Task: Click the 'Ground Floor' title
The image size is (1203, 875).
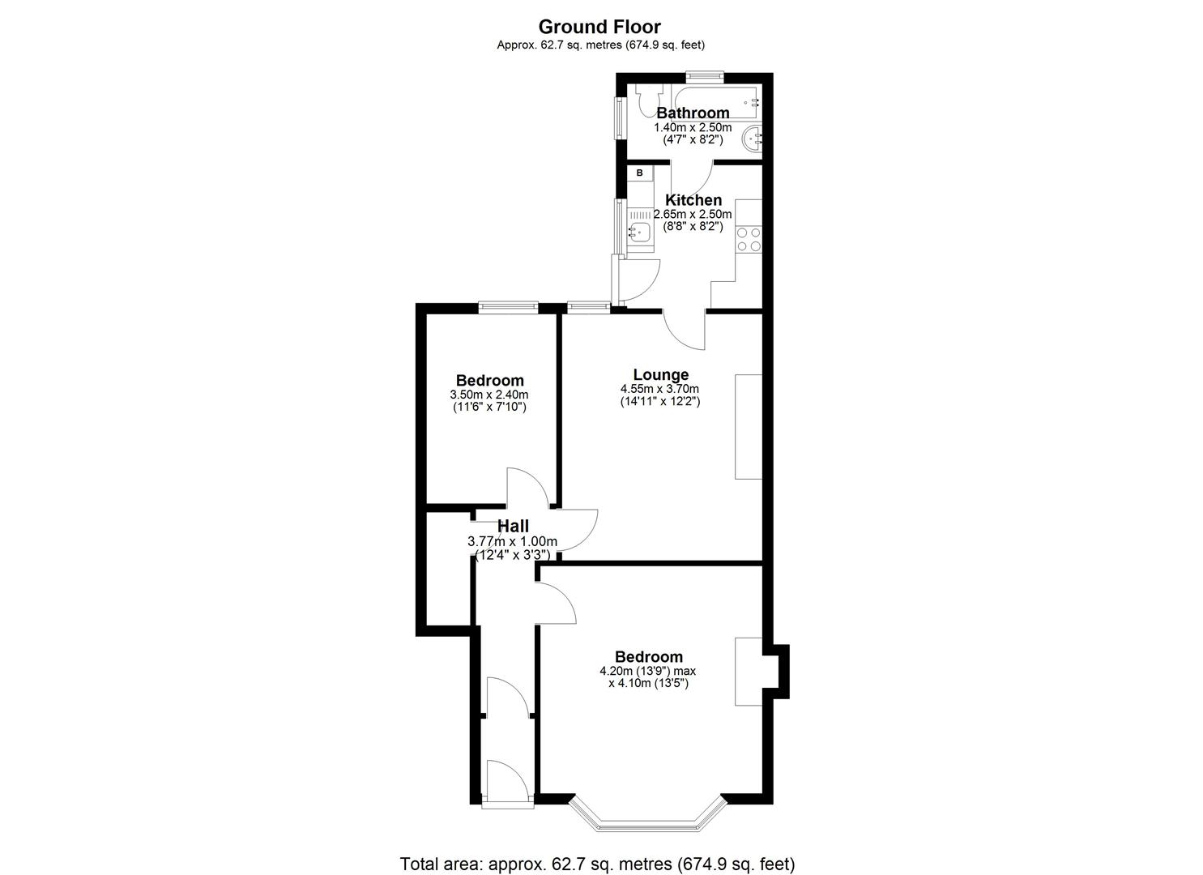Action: (x=599, y=28)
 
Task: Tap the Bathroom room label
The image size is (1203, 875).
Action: (x=692, y=113)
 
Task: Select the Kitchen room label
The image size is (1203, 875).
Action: (x=693, y=200)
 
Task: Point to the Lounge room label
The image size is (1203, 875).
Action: (x=660, y=374)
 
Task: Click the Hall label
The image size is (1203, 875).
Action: (x=513, y=527)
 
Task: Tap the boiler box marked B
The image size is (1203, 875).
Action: (x=639, y=173)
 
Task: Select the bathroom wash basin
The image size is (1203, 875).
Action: (x=753, y=138)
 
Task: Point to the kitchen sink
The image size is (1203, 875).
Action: (x=640, y=233)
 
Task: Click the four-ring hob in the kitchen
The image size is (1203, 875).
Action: (x=748, y=239)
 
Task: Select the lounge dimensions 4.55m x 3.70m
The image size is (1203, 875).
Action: (x=659, y=389)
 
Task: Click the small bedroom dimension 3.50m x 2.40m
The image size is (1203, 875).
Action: (x=489, y=395)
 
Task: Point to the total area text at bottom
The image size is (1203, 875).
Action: (x=597, y=863)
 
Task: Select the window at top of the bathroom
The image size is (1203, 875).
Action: (x=703, y=76)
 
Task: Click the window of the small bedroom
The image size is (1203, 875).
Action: (x=508, y=306)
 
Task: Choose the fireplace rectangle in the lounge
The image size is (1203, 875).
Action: (x=748, y=426)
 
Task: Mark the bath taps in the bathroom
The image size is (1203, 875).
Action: (x=753, y=102)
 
